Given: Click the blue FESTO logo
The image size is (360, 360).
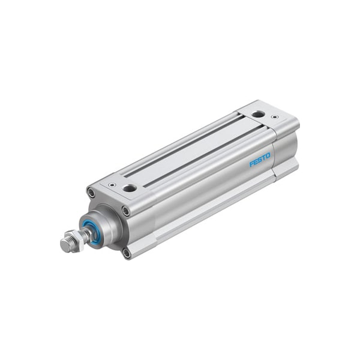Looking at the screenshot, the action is pos(260,160).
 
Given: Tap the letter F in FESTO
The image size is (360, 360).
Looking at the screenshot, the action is pos(252,164).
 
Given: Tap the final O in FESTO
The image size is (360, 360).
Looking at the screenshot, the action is pos(268,155).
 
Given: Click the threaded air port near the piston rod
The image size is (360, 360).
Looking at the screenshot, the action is pos(130,188).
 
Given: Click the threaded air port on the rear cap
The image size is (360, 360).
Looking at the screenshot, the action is pos(258,113).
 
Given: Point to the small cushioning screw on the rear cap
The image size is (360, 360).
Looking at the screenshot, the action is pos(275,117).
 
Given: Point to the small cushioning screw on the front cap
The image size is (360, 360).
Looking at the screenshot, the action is pos(112,185).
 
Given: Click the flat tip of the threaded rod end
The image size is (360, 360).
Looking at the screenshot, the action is pos(64,245).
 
